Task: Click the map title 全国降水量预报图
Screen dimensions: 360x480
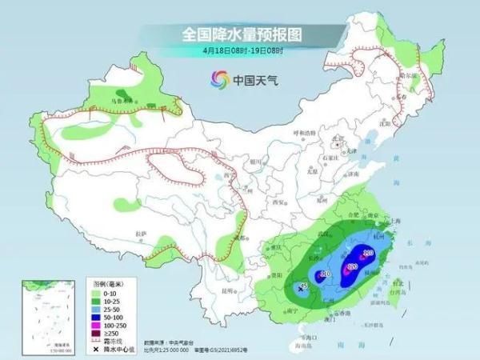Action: [x=240, y=34]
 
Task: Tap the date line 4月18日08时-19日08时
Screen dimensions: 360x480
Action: [x=239, y=51]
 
